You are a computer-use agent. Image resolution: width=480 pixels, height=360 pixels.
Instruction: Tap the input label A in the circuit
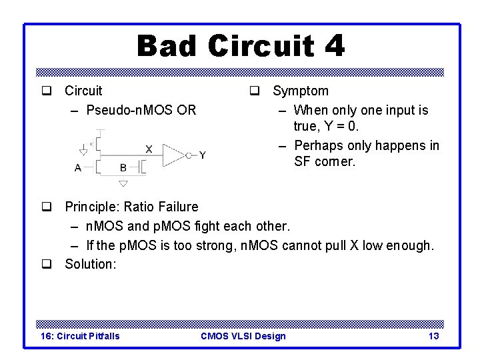click(78, 168)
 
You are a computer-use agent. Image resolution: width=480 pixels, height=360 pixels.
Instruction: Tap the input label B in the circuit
click(123, 168)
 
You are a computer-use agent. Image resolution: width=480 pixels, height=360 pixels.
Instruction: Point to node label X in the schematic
click(148, 149)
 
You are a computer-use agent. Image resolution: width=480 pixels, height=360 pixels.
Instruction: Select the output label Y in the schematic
click(202, 155)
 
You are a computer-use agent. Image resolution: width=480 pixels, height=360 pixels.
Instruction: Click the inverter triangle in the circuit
click(173, 155)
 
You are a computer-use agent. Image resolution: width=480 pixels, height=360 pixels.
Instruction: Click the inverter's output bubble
click(189, 155)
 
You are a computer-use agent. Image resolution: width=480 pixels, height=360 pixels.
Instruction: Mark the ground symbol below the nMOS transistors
click(123, 183)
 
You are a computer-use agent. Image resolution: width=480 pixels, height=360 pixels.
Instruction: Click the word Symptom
click(300, 91)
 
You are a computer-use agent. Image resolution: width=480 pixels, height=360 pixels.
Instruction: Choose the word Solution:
click(90, 264)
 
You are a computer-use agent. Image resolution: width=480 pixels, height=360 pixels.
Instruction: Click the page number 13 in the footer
click(433, 336)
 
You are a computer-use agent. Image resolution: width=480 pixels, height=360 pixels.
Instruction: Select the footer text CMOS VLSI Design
click(243, 336)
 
